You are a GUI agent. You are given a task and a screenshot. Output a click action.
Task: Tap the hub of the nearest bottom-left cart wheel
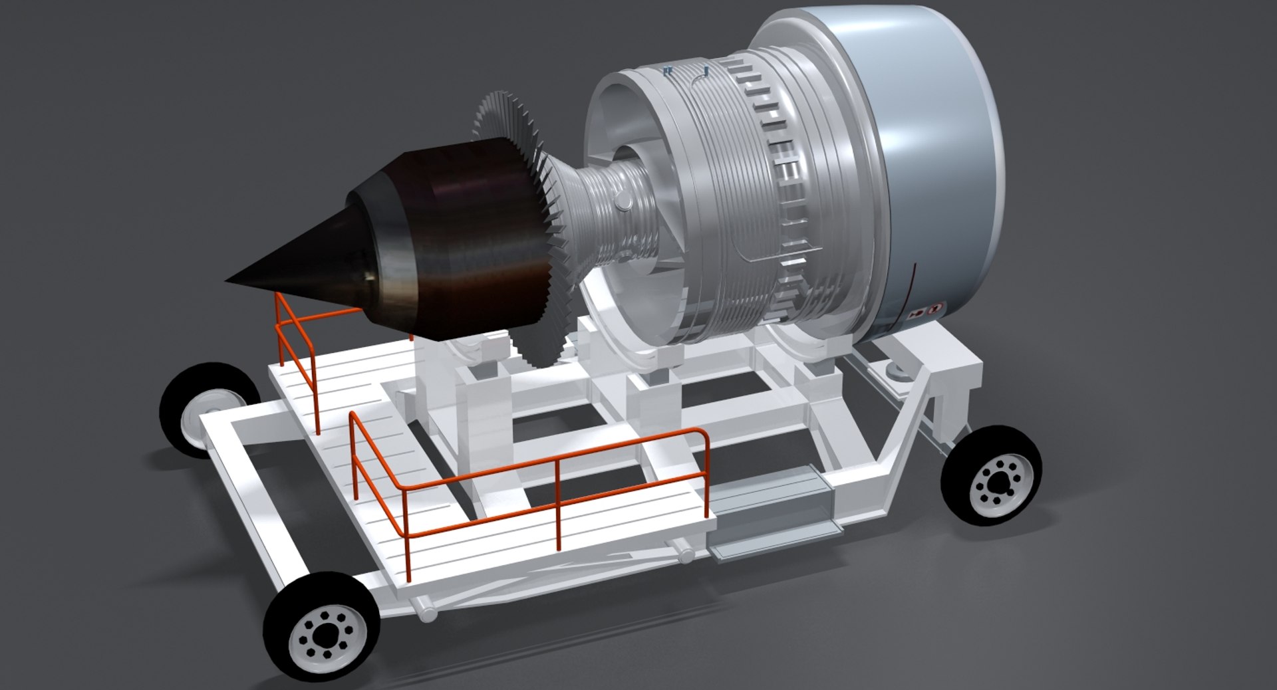click(x=322, y=641)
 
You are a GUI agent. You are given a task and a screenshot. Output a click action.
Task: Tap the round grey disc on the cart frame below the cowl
click(x=899, y=373)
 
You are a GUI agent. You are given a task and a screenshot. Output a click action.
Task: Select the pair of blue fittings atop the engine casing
click(x=669, y=69)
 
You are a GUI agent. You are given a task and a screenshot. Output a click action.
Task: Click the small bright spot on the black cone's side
click(x=367, y=274)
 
